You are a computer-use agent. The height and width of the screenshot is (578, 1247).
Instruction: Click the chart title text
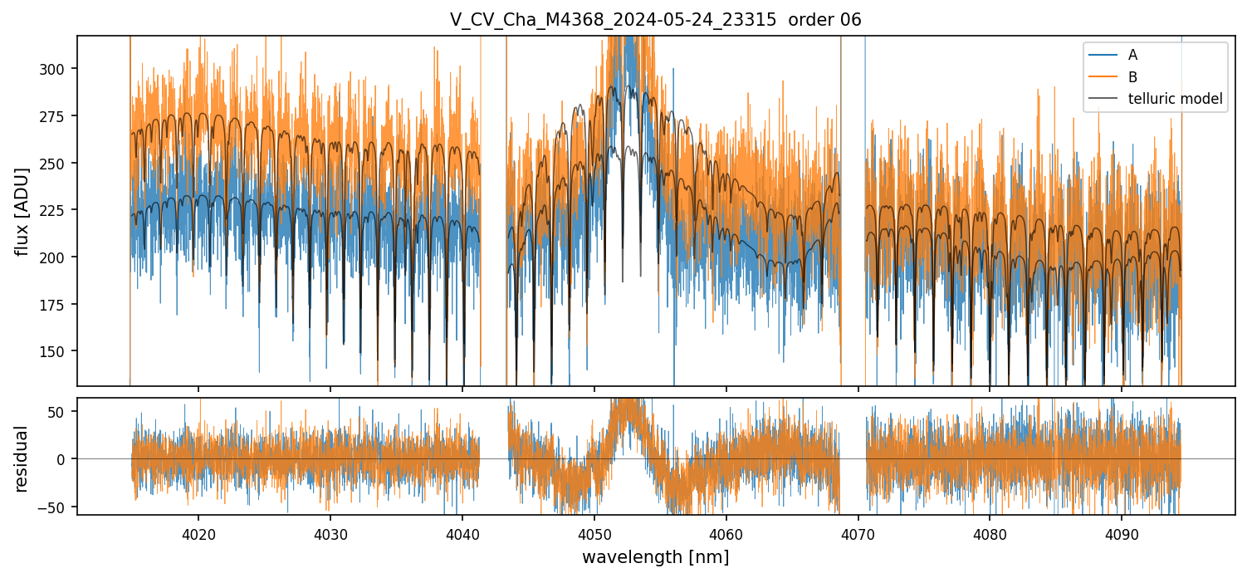coord(655,20)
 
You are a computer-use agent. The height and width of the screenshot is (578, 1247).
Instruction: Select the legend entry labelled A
coord(1132,56)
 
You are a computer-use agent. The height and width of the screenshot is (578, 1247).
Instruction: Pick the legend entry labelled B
coord(1132,77)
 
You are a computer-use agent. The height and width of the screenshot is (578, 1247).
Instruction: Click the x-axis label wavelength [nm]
coord(655,557)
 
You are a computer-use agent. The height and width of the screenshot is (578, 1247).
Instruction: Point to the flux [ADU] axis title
coord(22,211)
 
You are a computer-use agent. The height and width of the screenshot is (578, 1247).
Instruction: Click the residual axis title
coord(22,458)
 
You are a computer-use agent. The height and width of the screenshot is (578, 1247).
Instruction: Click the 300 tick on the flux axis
coord(53,69)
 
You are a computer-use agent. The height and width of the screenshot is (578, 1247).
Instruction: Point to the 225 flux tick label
coord(53,210)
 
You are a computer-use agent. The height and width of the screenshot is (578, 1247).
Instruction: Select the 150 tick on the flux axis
coord(53,351)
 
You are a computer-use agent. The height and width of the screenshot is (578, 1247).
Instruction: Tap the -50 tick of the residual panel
coord(56,507)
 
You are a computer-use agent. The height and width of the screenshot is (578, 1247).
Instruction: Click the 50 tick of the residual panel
coord(60,411)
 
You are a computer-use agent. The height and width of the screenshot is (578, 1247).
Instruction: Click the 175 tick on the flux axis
coord(53,305)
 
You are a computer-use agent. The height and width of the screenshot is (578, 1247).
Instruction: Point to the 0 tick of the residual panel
coord(63,458)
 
